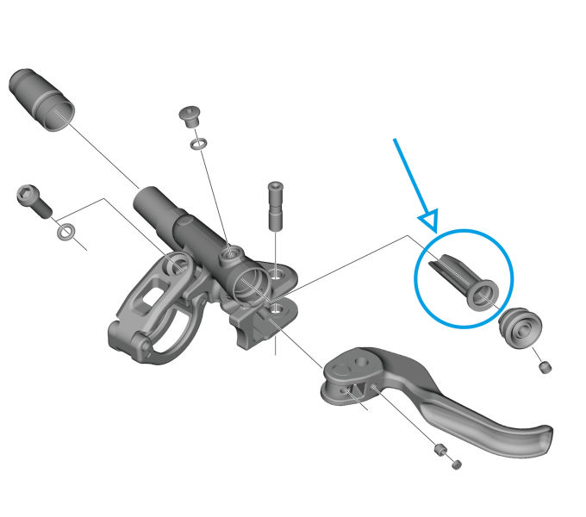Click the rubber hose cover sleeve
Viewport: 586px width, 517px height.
tap(39, 95)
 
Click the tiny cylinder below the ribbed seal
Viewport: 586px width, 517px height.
tap(545, 368)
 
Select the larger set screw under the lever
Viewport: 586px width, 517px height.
tap(439, 450)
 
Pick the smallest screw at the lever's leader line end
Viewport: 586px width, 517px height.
tap(457, 464)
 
